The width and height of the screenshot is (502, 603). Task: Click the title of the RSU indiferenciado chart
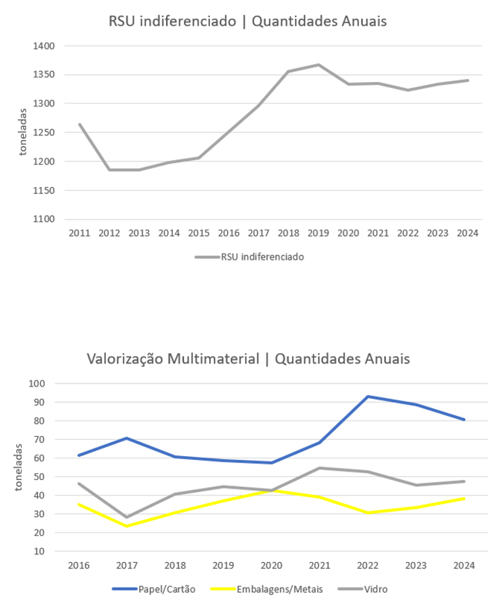point(248,21)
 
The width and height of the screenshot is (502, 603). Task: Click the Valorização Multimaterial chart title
point(248,359)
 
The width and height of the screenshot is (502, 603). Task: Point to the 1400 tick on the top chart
point(44,46)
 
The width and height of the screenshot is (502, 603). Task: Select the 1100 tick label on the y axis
point(44,220)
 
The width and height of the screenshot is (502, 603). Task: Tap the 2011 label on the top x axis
point(79,233)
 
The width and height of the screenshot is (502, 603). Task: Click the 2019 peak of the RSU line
point(318,65)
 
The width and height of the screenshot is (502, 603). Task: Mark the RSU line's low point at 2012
point(109,169)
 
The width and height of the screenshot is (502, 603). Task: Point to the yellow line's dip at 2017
point(127,526)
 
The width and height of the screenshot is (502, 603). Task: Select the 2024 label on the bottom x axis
point(463,566)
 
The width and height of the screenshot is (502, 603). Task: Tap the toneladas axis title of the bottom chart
point(17,468)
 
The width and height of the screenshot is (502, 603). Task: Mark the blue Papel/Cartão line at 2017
point(127,438)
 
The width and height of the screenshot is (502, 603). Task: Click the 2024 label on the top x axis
point(467,233)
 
